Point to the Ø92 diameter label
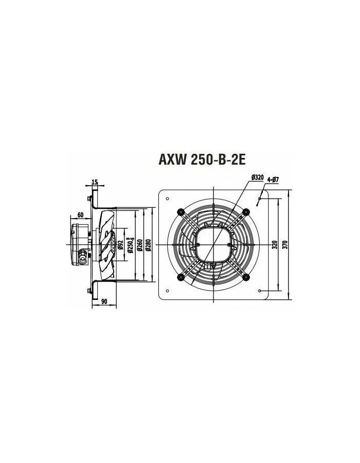(x=120, y=245)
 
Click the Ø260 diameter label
(x=139, y=245)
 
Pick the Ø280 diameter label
(x=149, y=245)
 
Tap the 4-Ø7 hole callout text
(x=273, y=180)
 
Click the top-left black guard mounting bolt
(x=181, y=211)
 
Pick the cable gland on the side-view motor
(x=82, y=253)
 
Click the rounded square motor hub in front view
(x=213, y=245)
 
